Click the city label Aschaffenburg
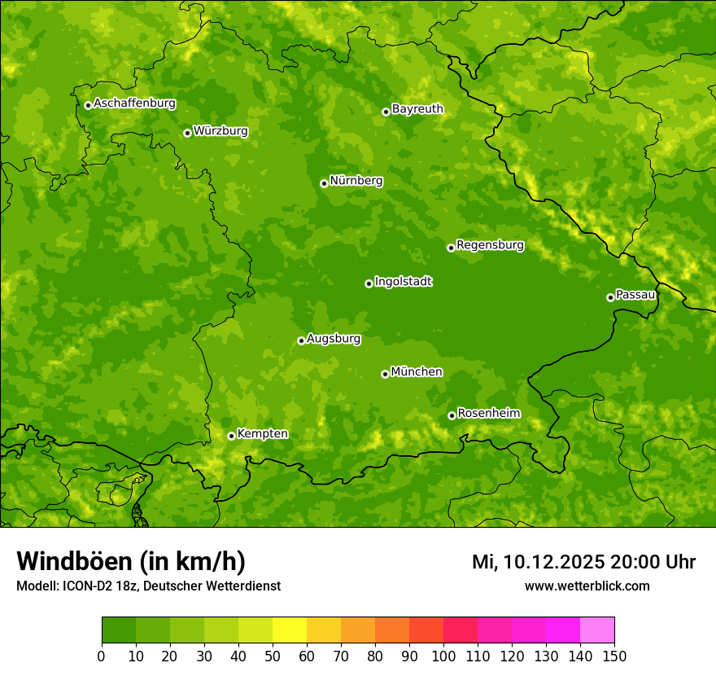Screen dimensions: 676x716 tap(134, 103)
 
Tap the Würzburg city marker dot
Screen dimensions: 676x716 tap(187, 133)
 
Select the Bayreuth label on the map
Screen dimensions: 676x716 tap(417, 109)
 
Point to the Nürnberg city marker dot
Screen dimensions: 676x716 tap(324, 183)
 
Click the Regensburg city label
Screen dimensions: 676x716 tap(490, 245)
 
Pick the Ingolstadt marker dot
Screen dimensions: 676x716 tap(369, 283)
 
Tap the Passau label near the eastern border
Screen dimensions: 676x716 tap(635, 295)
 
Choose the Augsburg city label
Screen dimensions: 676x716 tap(334, 339)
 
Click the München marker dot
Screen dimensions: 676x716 tap(385, 374)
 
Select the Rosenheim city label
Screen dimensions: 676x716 tap(488, 414)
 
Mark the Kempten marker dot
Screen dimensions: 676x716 tap(231, 436)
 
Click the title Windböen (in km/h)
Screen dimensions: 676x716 tap(131, 561)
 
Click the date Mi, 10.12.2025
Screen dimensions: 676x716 tap(538, 562)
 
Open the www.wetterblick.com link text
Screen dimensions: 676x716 tap(587, 586)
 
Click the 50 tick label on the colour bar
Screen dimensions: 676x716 tap(272, 656)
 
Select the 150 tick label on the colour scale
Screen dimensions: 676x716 tap(614, 656)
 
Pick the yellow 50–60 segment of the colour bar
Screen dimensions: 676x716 tap(289, 630)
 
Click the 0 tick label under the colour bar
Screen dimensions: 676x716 tap(102, 656)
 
